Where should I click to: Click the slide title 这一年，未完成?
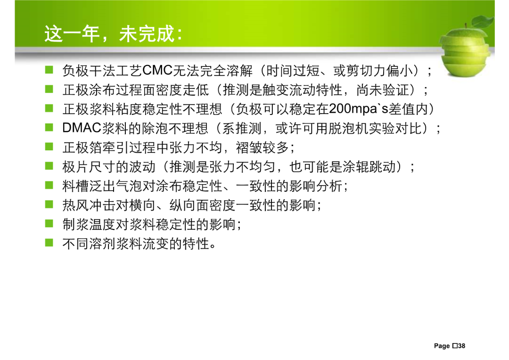coord(113,33)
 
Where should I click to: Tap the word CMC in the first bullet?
coord(157,70)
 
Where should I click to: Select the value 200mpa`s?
coord(358,109)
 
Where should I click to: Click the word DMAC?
coord(82,128)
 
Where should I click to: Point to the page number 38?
coord(461,346)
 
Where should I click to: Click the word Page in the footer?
coord(442,346)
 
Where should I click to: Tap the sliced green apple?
coord(466,51)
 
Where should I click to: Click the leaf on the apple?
coord(483,21)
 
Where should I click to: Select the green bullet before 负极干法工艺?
coord(49,70)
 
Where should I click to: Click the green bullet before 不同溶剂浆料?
coord(49,243)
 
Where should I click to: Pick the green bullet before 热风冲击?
coord(49,204)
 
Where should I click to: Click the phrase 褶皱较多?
coord(263,147)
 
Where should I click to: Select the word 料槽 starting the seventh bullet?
coord(75,186)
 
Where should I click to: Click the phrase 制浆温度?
coord(89,224)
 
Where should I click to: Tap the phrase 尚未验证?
coord(382,90)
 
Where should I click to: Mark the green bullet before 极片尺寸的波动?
coord(49,166)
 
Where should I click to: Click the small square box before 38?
coord(455,346)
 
